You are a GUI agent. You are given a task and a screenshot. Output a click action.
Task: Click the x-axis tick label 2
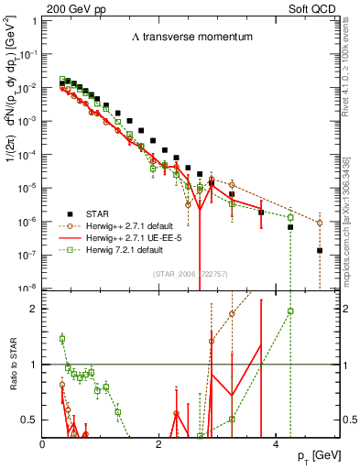(x=159, y=445)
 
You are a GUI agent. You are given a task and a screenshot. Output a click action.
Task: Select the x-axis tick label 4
(x=276, y=445)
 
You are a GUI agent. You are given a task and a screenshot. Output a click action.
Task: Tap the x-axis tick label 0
(x=43, y=445)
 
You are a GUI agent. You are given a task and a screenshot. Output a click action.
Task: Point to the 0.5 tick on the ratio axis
(x=29, y=420)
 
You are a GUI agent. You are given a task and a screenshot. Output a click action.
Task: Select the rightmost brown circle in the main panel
(x=319, y=223)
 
